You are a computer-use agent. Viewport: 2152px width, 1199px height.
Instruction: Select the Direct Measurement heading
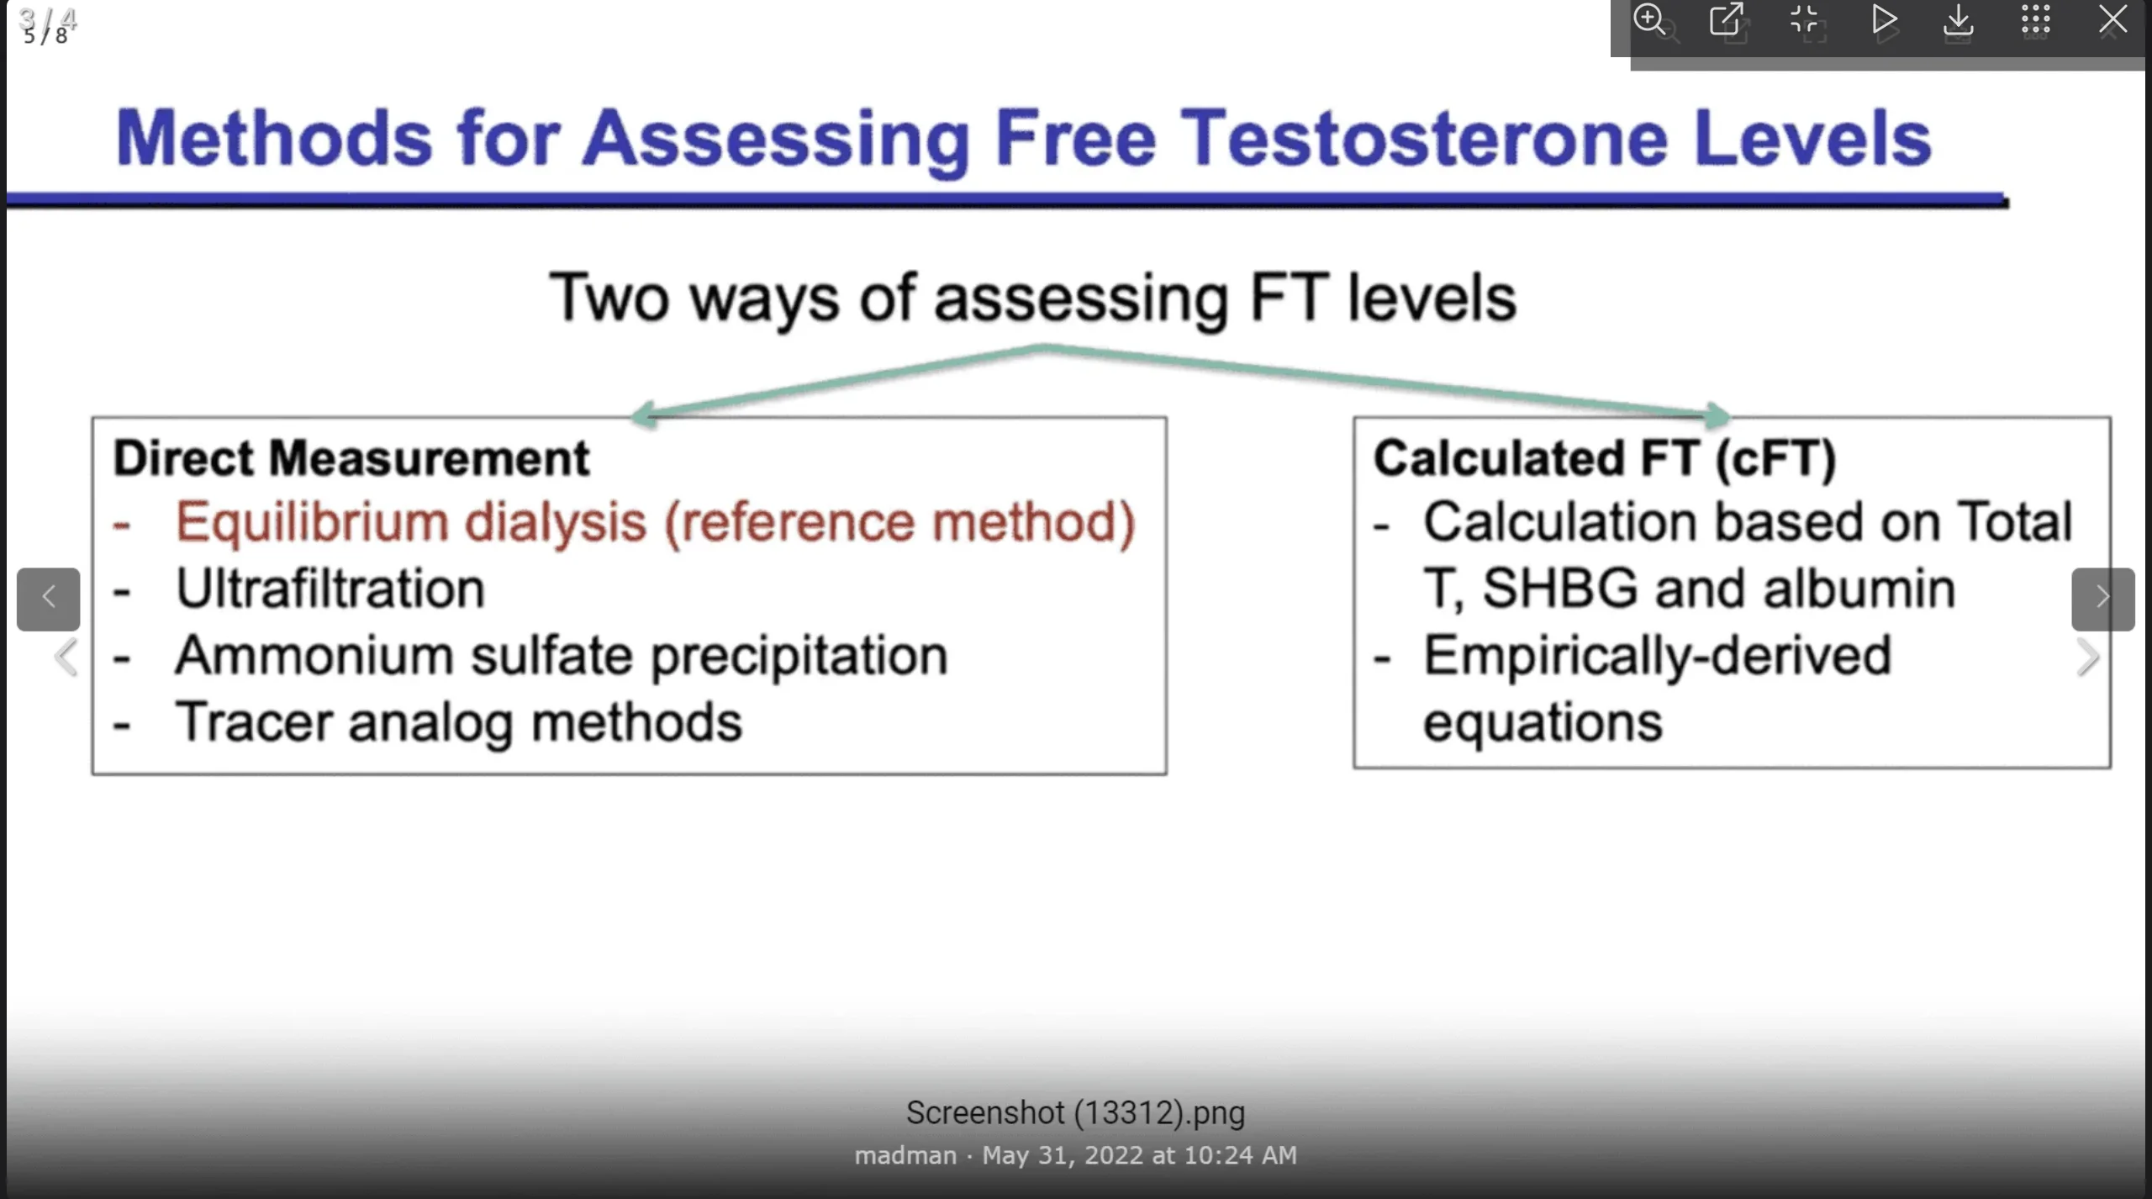(351, 458)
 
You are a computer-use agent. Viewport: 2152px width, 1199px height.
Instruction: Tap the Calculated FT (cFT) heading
(1604, 459)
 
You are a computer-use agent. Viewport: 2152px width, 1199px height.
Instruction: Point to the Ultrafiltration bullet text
(330, 588)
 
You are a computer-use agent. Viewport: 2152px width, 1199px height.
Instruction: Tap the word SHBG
(1559, 588)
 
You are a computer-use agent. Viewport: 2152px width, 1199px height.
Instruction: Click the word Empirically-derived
(1657, 655)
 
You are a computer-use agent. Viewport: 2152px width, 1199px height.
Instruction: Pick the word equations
(1543, 723)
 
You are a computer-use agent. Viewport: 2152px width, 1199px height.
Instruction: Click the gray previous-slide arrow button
(49, 599)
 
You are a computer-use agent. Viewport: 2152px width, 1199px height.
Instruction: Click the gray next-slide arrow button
(2102, 599)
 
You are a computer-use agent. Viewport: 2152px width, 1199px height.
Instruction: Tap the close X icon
(2112, 19)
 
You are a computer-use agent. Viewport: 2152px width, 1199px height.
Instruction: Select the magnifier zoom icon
(1649, 19)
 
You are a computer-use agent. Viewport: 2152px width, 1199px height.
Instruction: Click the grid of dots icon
(2035, 19)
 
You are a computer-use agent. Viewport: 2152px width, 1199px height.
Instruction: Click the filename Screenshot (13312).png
(1075, 1113)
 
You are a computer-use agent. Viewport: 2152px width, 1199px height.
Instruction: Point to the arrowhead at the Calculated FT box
(1717, 415)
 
